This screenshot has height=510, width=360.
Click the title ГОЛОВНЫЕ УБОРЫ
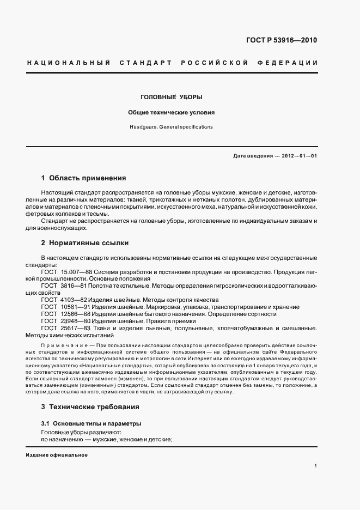click(x=172, y=97)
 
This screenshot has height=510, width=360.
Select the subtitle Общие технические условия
click(x=172, y=112)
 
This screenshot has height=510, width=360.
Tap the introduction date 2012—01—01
click(x=298, y=156)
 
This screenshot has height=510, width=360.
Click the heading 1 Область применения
click(x=84, y=178)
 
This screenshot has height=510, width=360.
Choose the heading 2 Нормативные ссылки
click(x=84, y=243)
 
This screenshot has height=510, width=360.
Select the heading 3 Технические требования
click(x=90, y=406)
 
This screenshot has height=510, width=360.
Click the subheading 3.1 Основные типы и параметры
click(x=91, y=423)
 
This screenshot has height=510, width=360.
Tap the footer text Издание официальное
click(x=57, y=455)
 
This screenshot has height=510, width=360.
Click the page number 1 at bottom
click(x=316, y=465)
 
